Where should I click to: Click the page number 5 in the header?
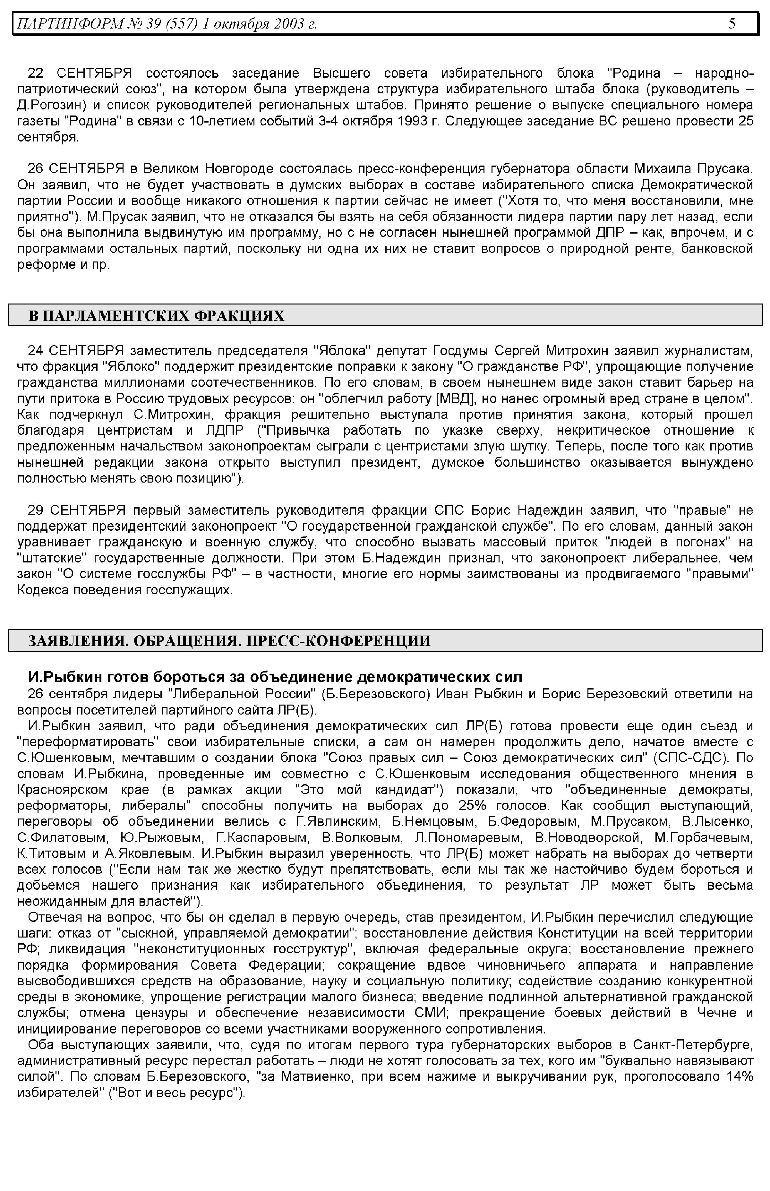click(x=732, y=23)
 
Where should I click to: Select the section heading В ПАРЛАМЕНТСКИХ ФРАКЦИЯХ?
click(x=156, y=315)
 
